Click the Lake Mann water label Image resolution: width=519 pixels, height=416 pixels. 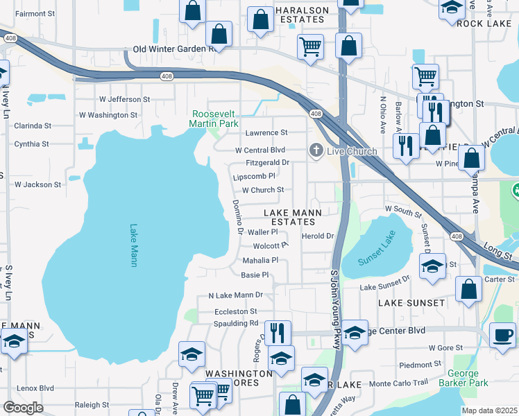tap(133, 245)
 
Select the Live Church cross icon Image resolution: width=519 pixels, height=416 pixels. tap(316, 150)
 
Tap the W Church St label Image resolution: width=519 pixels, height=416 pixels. tap(262, 190)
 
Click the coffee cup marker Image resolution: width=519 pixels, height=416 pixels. tap(502, 335)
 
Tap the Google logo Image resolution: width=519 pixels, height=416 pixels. tap(23, 407)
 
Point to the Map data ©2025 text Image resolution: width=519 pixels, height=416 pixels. tap(489, 410)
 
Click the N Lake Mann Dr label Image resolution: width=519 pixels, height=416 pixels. tap(236, 295)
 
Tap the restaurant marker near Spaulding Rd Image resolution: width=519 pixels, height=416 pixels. tap(277, 332)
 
